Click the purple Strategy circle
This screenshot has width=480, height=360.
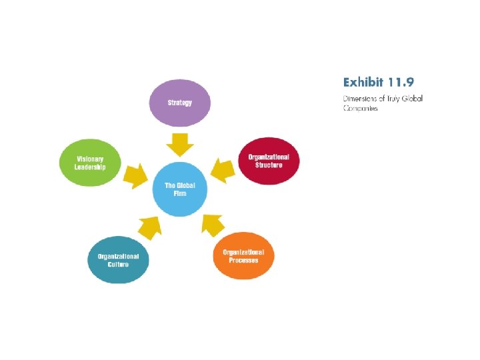[x=179, y=103]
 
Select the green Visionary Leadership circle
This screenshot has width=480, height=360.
[x=90, y=163]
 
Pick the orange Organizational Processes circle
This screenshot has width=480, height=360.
[x=243, y=255]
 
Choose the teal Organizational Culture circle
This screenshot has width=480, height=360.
[x=118, y=259]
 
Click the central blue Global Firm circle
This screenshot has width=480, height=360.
[x=180, y=189]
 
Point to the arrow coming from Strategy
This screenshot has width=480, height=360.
[x=179, y=142]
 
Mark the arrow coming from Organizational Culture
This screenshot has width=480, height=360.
[x=150, y=227]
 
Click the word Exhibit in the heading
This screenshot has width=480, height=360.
[x=363, y=83]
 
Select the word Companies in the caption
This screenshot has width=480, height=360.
[x=361, y=108]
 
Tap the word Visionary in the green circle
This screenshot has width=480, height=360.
[x=90, y=159]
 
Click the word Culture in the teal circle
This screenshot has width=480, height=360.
[x=118, y=264]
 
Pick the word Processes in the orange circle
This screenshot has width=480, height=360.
[x=243, y=260]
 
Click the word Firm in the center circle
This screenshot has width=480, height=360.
[x=180, y=193]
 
